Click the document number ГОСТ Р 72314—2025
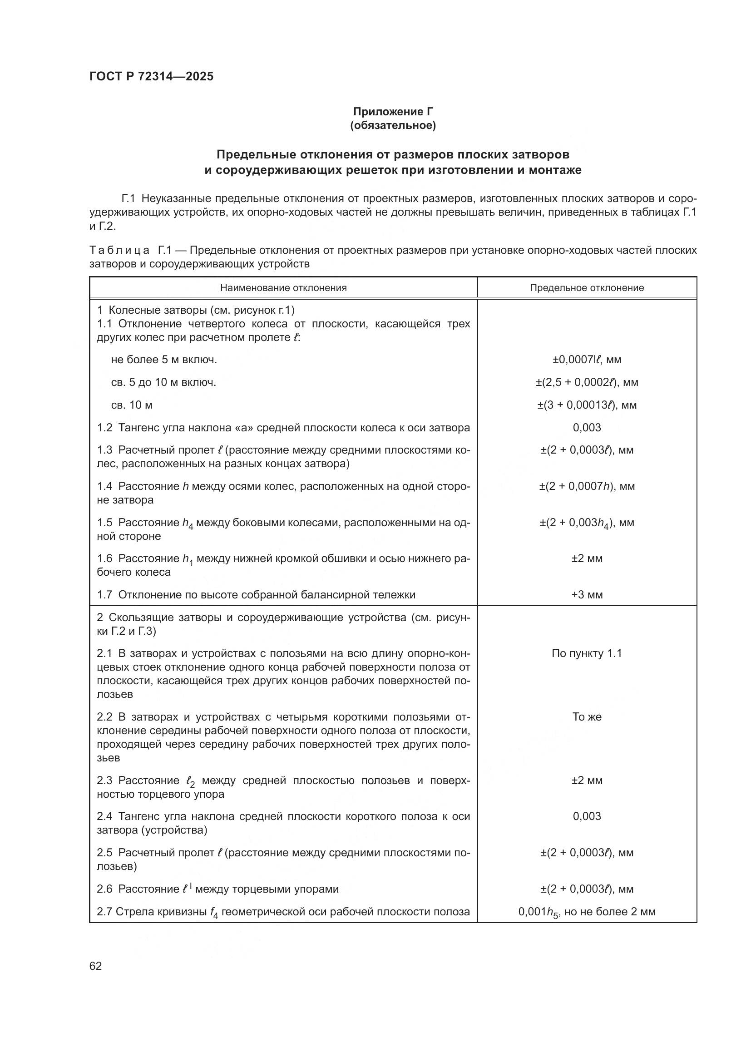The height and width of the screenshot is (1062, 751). click(151, 77)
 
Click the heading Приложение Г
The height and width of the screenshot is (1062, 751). click(393, 112)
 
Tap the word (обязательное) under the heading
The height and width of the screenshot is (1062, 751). click(393, 125)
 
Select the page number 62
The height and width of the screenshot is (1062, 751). click(96, 966)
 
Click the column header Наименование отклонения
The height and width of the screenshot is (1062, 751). click(283, 288)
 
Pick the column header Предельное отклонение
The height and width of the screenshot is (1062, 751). click(586, 288)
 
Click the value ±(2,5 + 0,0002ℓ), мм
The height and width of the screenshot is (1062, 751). click(586, 382)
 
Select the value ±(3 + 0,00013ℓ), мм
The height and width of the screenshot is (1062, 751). click(586, 405)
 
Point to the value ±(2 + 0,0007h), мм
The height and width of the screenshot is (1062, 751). click(586, 486)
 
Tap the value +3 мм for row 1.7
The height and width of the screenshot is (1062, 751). click(586, 595)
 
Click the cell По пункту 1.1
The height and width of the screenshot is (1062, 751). click(586, 653)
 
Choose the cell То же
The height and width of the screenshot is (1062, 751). click(586, 717)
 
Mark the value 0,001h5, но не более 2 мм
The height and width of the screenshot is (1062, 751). click(586, 912)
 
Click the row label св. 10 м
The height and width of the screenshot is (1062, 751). click(132, 405)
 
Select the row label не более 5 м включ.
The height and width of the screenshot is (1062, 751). click(164, 360)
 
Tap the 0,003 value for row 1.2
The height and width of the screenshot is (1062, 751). click(586, 427)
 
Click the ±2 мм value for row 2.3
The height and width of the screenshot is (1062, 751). click(586, 781)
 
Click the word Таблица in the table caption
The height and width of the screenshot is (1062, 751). click(119, 251)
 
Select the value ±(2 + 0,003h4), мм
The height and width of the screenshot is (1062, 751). click(586, 523)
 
